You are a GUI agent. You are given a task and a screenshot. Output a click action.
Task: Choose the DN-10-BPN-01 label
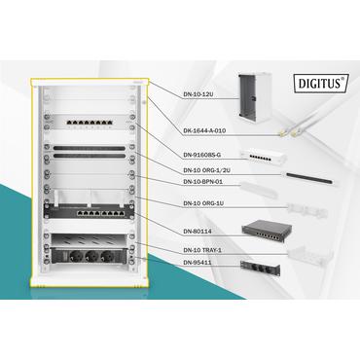(202, 182)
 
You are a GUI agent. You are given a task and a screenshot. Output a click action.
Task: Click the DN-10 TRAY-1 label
(203, 250)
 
